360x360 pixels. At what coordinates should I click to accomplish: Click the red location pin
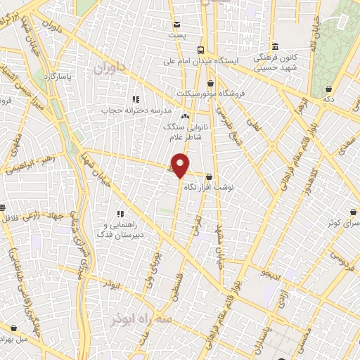[181, 165]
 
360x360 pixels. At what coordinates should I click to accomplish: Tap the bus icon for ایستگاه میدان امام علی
[201, 50]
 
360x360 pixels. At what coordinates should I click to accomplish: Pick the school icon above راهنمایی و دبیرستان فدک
[120, 213]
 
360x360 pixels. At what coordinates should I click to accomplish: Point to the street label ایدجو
[271, 271]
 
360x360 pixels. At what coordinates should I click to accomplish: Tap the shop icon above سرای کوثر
[352, 212]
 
